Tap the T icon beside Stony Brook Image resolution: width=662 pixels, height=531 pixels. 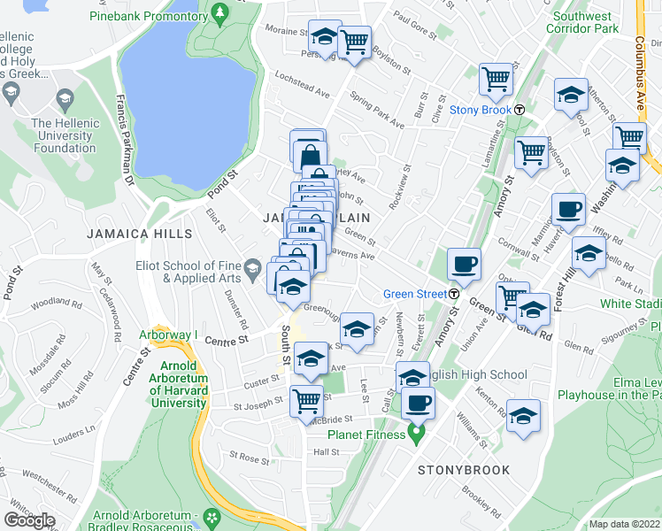point(520,111)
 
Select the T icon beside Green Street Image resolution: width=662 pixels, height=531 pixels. point(454,294)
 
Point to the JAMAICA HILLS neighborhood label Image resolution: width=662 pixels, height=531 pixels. point(139,234)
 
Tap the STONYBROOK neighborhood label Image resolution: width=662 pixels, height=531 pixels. point(464,470)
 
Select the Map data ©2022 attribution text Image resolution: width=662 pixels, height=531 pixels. point(625,524)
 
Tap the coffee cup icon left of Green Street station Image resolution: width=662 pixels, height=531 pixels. point(464,265)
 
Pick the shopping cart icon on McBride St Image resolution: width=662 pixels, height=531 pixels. point(306,400)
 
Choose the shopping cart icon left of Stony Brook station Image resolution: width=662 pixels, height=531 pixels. point(496,80)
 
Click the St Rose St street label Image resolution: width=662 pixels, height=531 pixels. point(249,458)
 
